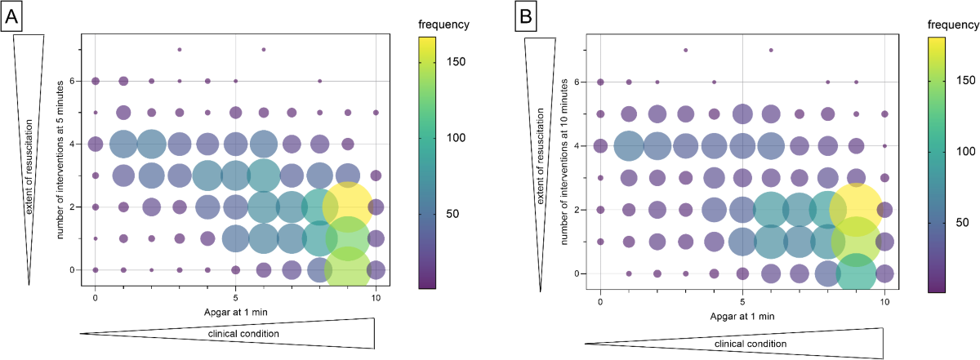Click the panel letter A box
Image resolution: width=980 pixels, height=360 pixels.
click(x=16, y=15)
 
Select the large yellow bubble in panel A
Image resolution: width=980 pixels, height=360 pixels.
click(x=348, y=207)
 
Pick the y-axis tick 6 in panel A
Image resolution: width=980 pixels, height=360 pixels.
click(x=73, y=81)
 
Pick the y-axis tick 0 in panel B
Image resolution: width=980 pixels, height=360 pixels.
click(x=581, y=273)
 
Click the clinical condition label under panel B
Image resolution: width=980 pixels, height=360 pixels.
click(x=751, y=344)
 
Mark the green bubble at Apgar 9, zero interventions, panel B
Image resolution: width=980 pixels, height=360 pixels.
click(x=856, y=273)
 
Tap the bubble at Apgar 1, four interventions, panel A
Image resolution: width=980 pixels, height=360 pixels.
click(x=123, y=144)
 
